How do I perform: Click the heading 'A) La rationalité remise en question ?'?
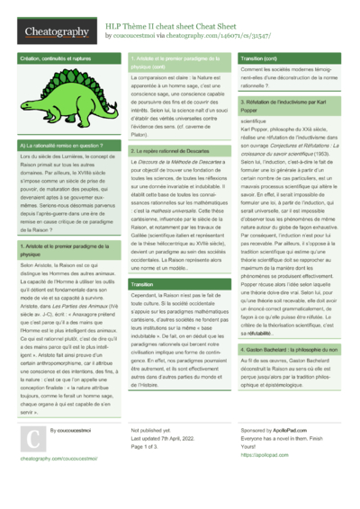click(x=56, y=146)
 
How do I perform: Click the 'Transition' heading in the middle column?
click(x=142, y=283)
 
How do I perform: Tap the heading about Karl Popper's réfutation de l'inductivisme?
click(x=287, y=106)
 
